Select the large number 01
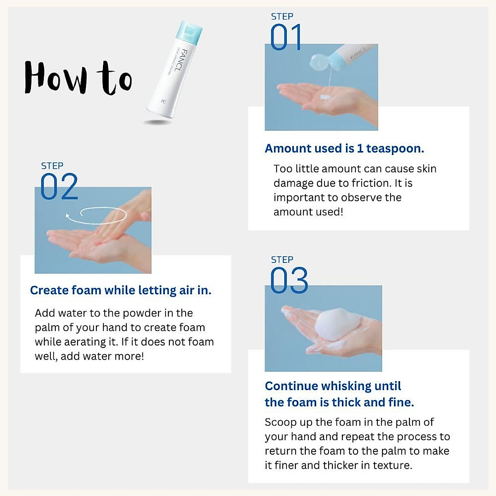(286, 38)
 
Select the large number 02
(59, 187)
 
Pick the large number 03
(289, 281)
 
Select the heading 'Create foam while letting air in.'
(121, 290)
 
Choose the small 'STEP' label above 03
(282, 260)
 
